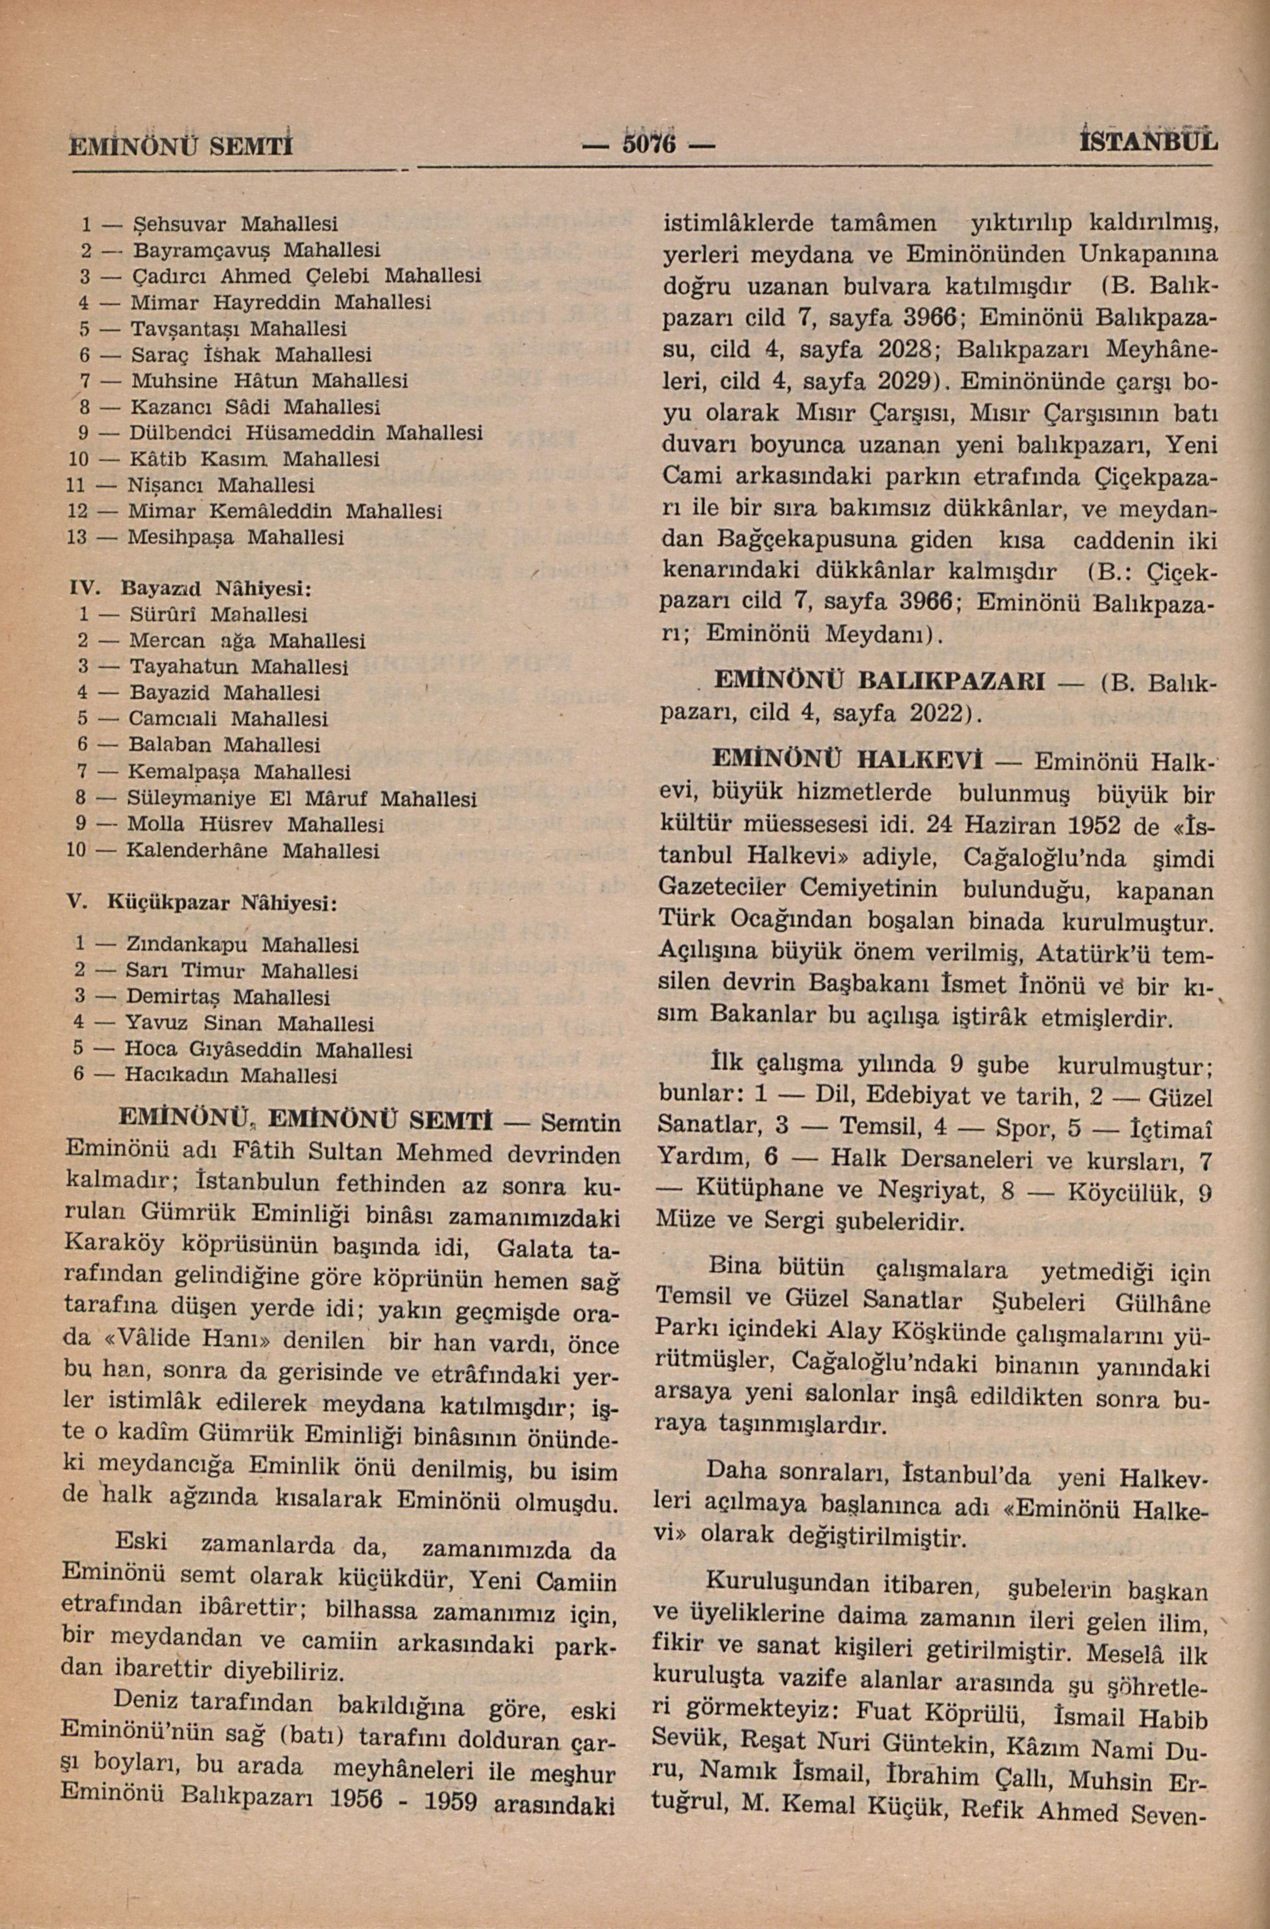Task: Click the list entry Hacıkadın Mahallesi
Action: (230, 1076)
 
